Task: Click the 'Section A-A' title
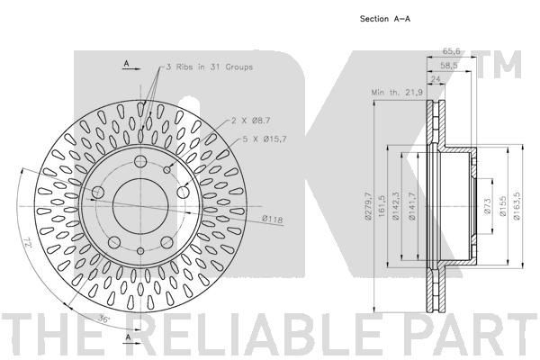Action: point(385,19)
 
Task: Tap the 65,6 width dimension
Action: point(452,51)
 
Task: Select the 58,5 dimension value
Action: point(449,66)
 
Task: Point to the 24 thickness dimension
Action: point(436,79)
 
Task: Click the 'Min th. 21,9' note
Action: point(397,93)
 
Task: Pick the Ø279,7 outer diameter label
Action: point(368,206)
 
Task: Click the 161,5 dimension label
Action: point(382,206)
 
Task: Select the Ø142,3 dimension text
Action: point(395,206)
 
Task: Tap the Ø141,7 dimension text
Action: point(411,206)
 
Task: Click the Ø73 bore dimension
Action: point(487,206)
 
